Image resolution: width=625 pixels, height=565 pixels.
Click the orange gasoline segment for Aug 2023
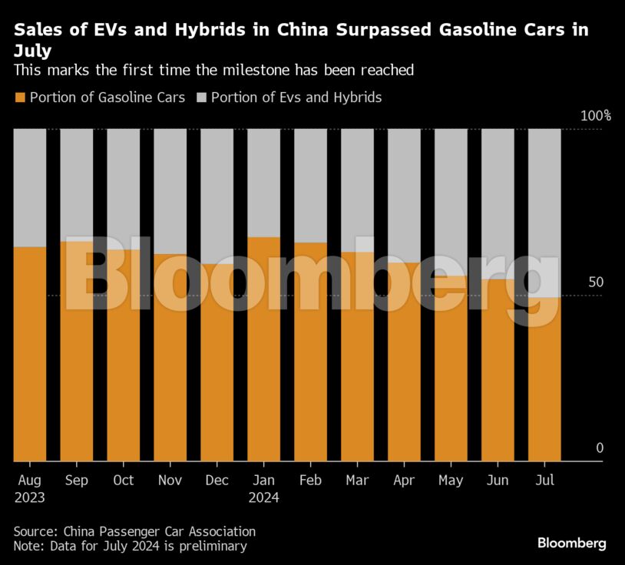(30, 353)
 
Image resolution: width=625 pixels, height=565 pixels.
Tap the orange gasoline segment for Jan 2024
(263, 349)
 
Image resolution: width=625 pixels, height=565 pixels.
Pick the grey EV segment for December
(217, 196)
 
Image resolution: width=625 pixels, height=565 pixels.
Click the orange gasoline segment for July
(544, 379)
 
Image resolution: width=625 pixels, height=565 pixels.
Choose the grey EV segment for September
(77, 184)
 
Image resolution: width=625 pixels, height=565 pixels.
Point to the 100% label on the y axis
(596, 116)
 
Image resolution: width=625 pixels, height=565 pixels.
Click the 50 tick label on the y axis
(594, 282)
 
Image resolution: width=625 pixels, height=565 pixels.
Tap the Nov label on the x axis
(170, 480)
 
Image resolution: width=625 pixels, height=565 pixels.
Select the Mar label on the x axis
(357, 480)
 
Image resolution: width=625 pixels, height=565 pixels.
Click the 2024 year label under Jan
(263, 497)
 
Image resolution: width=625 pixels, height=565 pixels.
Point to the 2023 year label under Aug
(30, 497)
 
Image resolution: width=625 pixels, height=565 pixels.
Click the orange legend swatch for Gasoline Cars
(21, 97)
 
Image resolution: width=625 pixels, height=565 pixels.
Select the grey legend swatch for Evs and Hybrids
(202, 97)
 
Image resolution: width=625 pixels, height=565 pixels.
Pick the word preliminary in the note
(210, 547)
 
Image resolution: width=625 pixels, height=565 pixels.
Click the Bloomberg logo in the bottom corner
(571, 544)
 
